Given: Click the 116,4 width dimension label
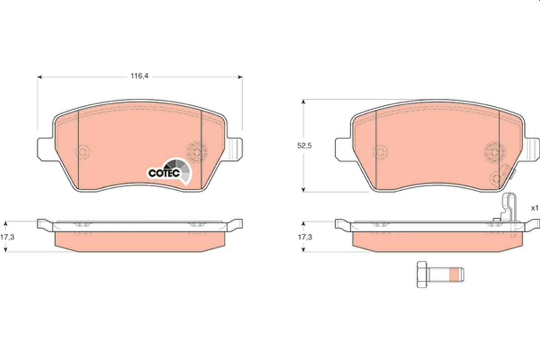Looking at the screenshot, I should pos(139,76).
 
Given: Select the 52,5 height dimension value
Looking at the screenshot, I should pos(304,146).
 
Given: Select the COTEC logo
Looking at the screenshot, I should pos(165,172).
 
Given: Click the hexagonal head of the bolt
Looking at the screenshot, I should pos(422,274).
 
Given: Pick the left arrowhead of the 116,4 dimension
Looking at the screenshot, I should pos(39,77).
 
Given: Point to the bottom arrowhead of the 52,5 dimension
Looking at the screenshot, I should pos(304,189).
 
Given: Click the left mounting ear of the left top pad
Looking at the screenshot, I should pos(44,148).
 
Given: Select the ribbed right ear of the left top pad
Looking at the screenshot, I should pos(235,148).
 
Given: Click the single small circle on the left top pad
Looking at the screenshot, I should pos(83,152).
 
